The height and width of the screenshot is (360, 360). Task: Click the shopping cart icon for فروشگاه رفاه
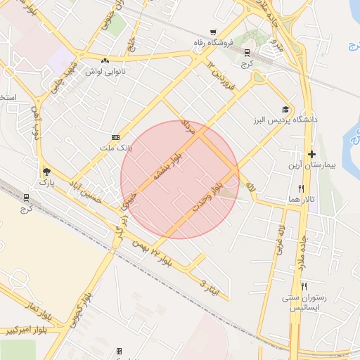click(212, 32)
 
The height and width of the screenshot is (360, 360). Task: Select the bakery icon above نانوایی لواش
click(105, 60)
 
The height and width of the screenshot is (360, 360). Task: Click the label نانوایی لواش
click(105, 72)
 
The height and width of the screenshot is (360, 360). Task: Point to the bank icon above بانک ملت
click(116, 137)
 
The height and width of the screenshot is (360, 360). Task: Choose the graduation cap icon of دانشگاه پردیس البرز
click(285, 109)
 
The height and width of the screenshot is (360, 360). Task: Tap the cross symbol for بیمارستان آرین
click(312, 154)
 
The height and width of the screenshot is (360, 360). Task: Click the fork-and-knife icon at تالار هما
click(302, 188)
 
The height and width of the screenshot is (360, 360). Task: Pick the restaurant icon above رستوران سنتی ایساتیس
click(304, 286)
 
